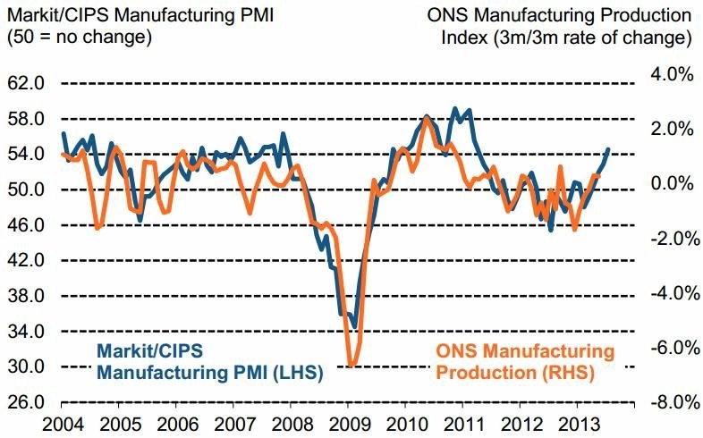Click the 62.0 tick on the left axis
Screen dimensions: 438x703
coord(26,84)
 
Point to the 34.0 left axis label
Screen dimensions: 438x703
coord(26,332)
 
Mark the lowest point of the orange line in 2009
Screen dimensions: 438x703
coord(351,365)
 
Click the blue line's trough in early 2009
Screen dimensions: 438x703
coord(355,327)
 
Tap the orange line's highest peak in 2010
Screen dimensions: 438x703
coord(427,118)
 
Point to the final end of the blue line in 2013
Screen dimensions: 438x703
coord(609,149)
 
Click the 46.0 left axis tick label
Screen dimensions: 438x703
coord(26,225)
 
